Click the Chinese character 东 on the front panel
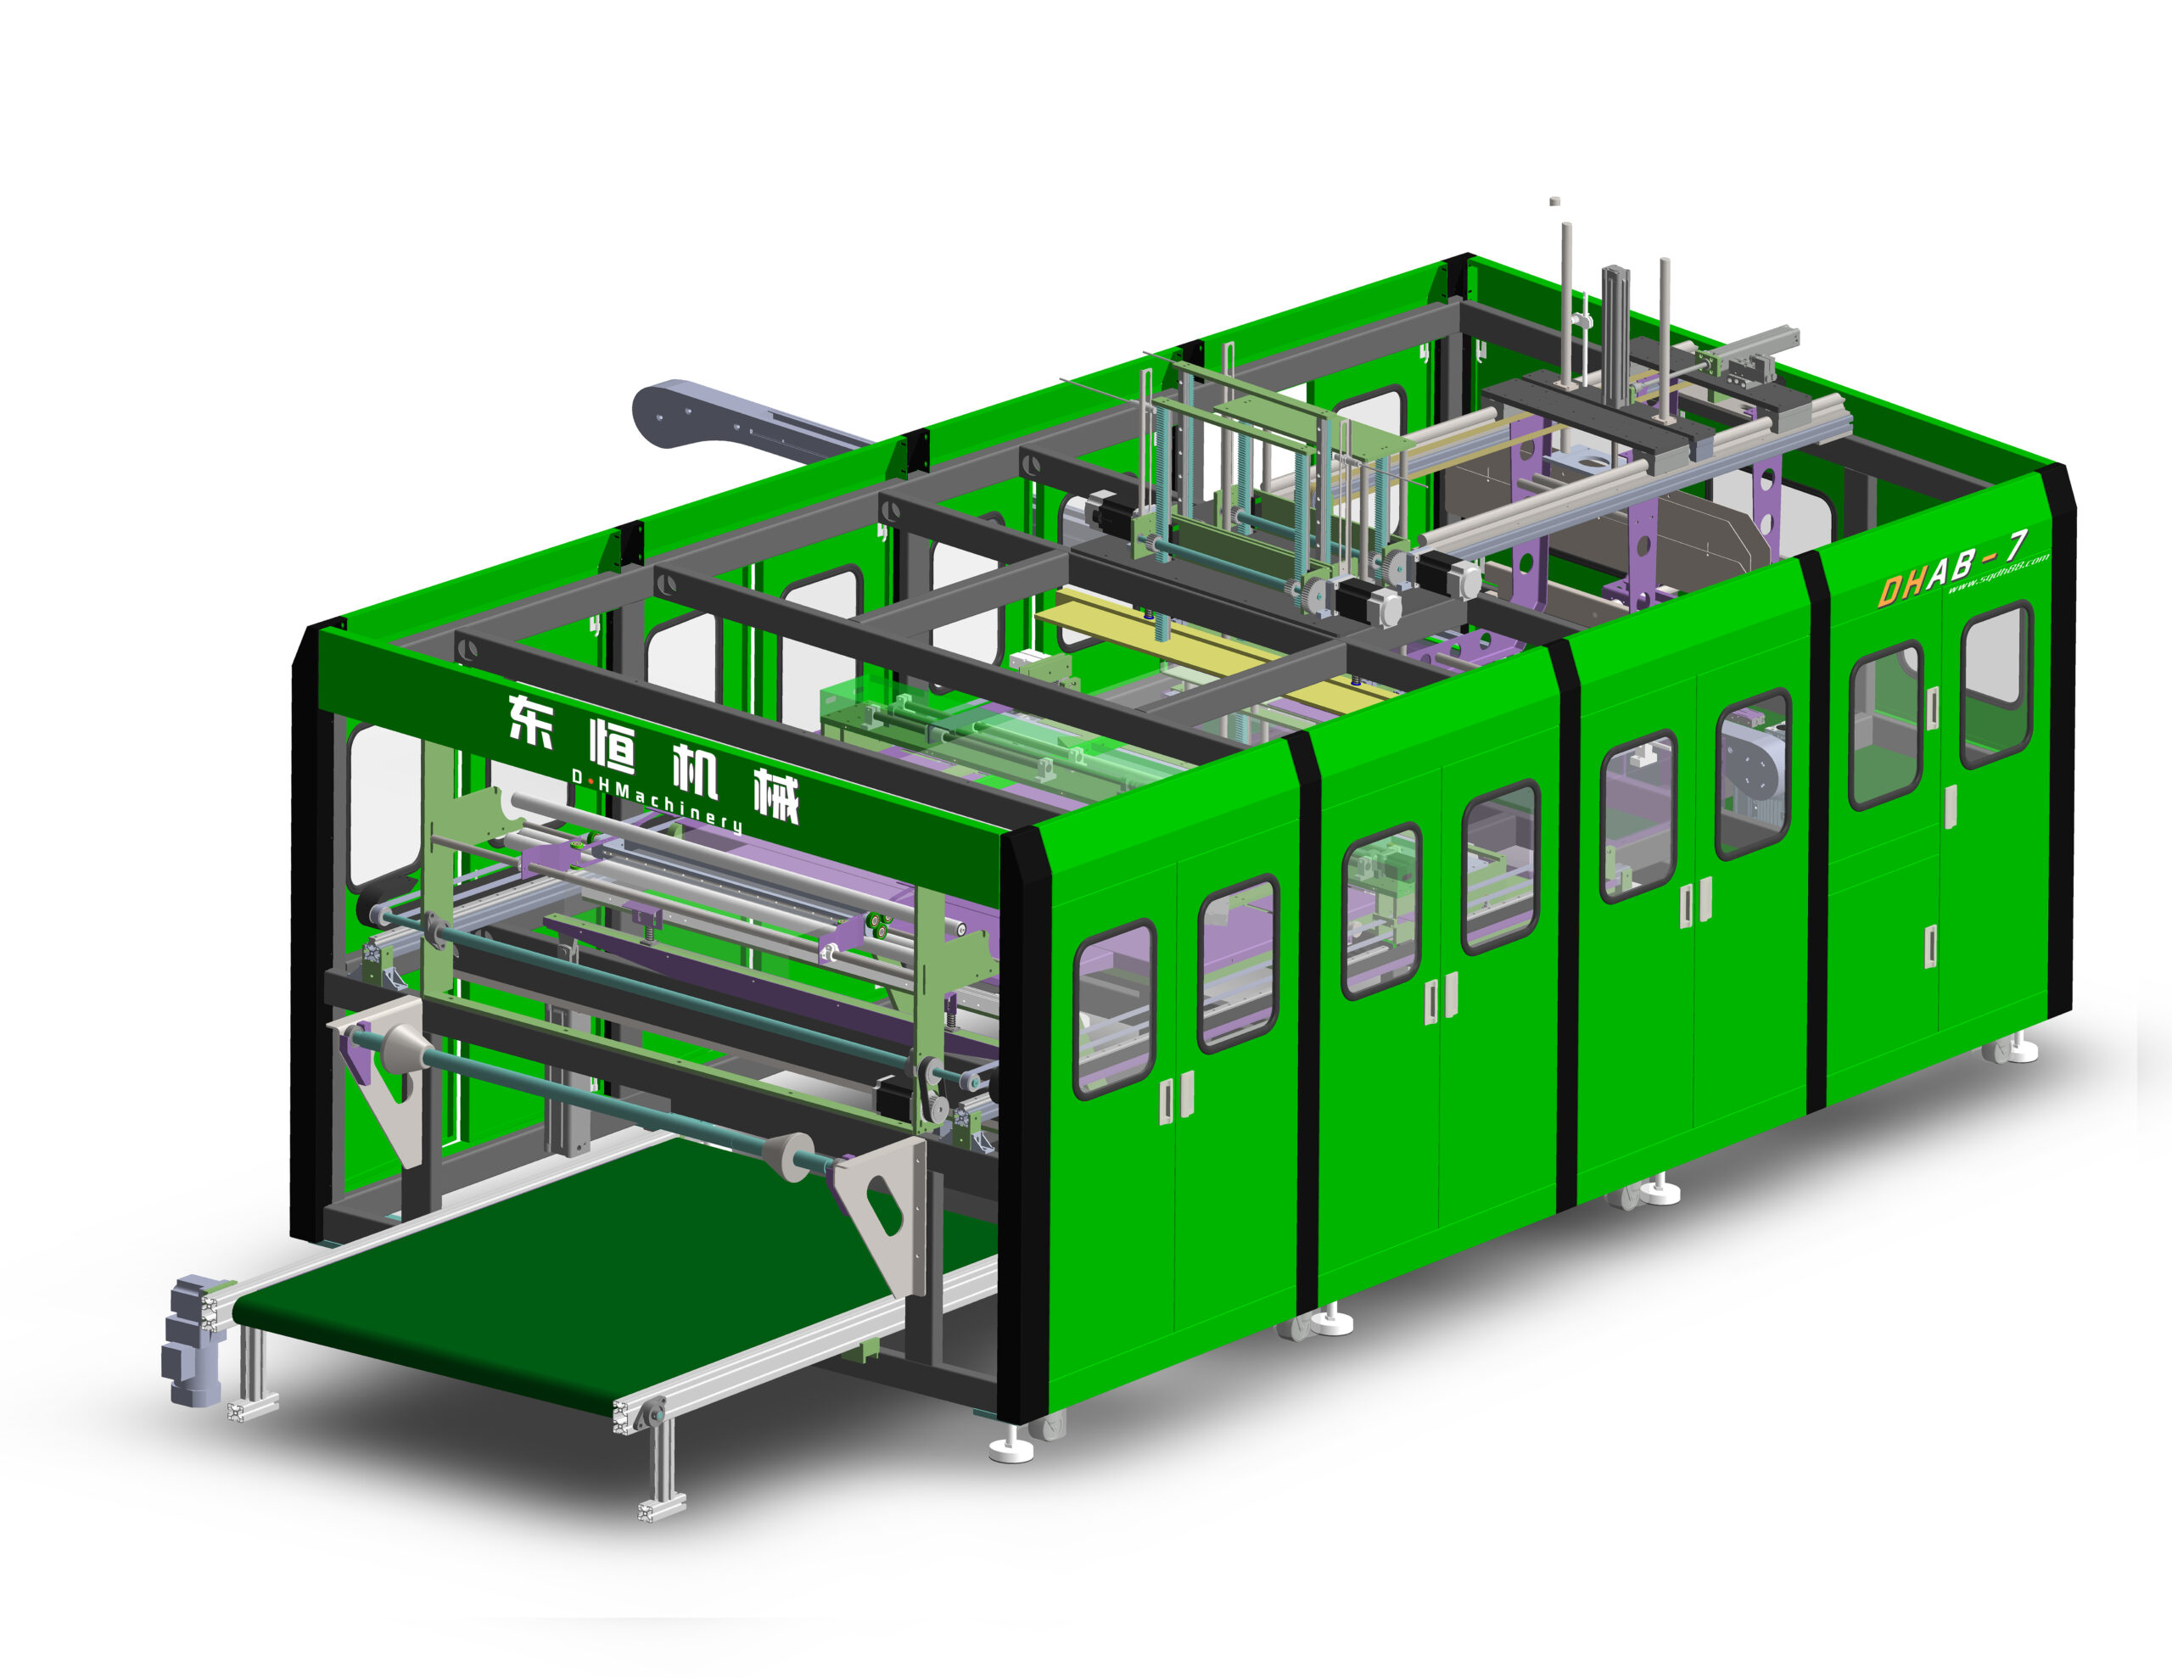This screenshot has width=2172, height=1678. tap(531, 720)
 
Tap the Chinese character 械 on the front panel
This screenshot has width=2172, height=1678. tap(776, 797)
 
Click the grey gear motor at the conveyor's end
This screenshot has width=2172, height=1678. tap(191, 1338)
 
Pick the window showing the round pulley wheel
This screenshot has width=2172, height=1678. tap(1752, 775)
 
